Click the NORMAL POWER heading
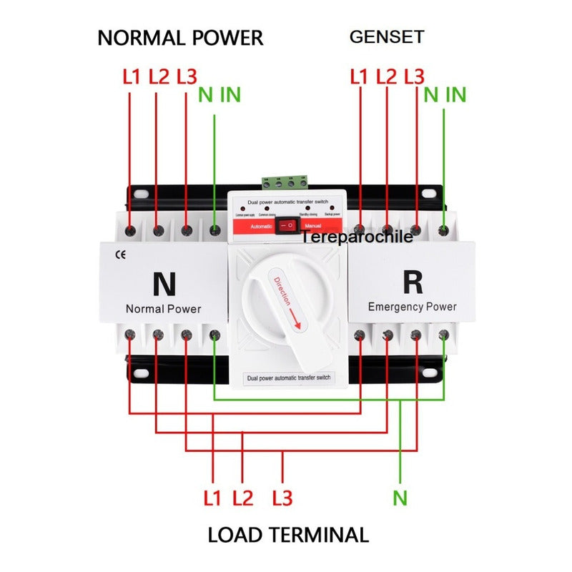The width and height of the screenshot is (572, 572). (180, 37)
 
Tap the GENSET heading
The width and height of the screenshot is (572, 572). (387, 36)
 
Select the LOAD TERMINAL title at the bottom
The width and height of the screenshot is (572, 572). (288, 534)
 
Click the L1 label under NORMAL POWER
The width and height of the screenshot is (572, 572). (132, 77)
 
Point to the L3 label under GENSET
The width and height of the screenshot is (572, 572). (414, 77)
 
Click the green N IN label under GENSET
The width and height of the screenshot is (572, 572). (445, 94)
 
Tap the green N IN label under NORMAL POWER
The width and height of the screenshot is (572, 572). (220, 94)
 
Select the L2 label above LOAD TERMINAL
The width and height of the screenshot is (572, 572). (243, 498)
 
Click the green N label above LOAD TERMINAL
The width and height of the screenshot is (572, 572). (400, 498)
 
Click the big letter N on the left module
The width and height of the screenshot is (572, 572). (164, 284)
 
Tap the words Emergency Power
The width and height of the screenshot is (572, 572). (412, 307)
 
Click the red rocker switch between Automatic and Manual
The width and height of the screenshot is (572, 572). (287, 226)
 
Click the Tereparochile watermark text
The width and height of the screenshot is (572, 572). (357, 237)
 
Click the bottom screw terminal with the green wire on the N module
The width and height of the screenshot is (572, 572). (214, 335)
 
